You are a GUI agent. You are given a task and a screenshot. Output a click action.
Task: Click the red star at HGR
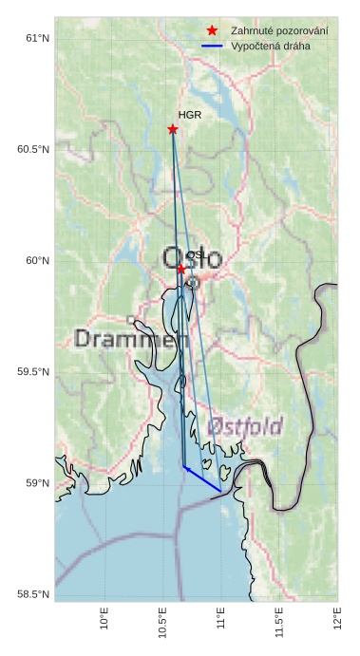(x=173, y=129)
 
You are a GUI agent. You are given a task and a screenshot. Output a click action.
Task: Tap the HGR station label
(x=190, y=115)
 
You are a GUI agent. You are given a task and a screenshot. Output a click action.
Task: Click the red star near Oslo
(x=181, y=269)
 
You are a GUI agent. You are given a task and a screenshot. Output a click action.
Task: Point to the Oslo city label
(x=193, y=258)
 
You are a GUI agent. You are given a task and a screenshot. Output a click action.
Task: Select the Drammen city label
(x=131, y=339)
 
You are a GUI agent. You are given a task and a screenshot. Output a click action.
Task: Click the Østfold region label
(x=245, y=427)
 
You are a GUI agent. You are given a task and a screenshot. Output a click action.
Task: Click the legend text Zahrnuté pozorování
(x=280, y=31)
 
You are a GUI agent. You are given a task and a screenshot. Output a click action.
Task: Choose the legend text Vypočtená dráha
(x=271, y=46)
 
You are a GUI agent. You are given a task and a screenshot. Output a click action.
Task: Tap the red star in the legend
(x=212, y=31)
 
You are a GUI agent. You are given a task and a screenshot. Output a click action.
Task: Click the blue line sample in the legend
(x=212, y=46)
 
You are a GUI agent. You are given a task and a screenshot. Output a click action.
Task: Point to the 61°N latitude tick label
(x=36, y=38)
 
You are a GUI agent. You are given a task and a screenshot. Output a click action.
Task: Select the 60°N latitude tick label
(x=36, y=260)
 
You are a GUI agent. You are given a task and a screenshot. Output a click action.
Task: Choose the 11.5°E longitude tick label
(x=279, y=622)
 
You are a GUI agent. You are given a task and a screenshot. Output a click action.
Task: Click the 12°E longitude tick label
(x=337, y=619)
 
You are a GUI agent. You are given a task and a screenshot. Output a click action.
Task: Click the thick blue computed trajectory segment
(x=202, y=479)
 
